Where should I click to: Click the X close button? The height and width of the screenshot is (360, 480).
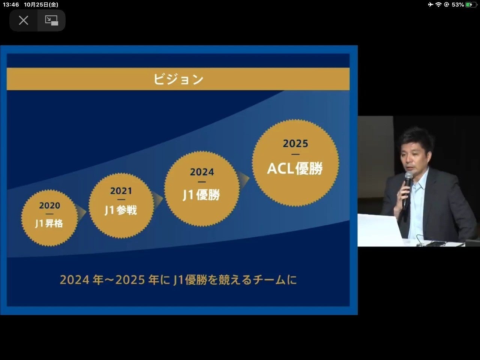point(23,21)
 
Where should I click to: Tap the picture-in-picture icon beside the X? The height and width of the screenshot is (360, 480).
point(51,21)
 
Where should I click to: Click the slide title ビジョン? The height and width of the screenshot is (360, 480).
point(178,79)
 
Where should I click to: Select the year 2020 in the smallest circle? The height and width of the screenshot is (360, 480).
point(49,205)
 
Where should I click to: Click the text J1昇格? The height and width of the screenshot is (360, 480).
point(49,223)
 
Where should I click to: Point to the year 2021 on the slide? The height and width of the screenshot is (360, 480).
point(121,191)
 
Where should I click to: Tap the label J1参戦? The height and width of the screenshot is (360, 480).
point(121,210)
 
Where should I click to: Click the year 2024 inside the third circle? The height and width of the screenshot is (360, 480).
point(202,172)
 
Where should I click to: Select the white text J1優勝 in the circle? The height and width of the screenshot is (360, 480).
point(201,195)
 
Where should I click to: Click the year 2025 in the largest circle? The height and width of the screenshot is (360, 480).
point(295,144)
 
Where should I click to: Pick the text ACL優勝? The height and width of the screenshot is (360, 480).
point(295,168)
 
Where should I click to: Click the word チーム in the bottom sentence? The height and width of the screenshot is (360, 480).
point(269,280)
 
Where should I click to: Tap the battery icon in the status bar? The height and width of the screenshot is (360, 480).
point(471,4)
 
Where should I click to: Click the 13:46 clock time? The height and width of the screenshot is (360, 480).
point(11,4)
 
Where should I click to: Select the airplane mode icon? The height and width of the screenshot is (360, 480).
point(430,4)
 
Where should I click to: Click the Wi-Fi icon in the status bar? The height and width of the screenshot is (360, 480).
point(438,4)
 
